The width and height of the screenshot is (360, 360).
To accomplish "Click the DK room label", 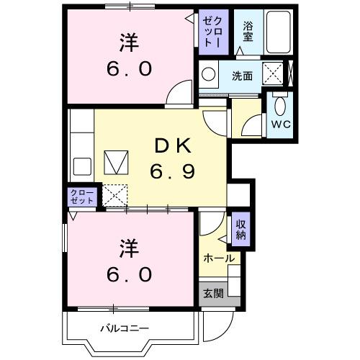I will point(171,146).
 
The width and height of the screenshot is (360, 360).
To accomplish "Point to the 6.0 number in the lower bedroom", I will point(130,274).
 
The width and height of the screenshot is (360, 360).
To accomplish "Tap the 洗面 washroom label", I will point(241,75).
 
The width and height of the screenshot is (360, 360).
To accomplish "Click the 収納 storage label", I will point(240,230).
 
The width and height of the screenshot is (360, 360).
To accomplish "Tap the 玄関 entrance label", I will point(212,294).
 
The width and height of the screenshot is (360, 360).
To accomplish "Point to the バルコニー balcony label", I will point(124,328).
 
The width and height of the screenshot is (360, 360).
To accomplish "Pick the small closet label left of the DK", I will point(82,197).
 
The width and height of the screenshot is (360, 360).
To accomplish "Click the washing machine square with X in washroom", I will point(272,73).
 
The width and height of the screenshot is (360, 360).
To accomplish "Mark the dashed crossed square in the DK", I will point(114,194).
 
